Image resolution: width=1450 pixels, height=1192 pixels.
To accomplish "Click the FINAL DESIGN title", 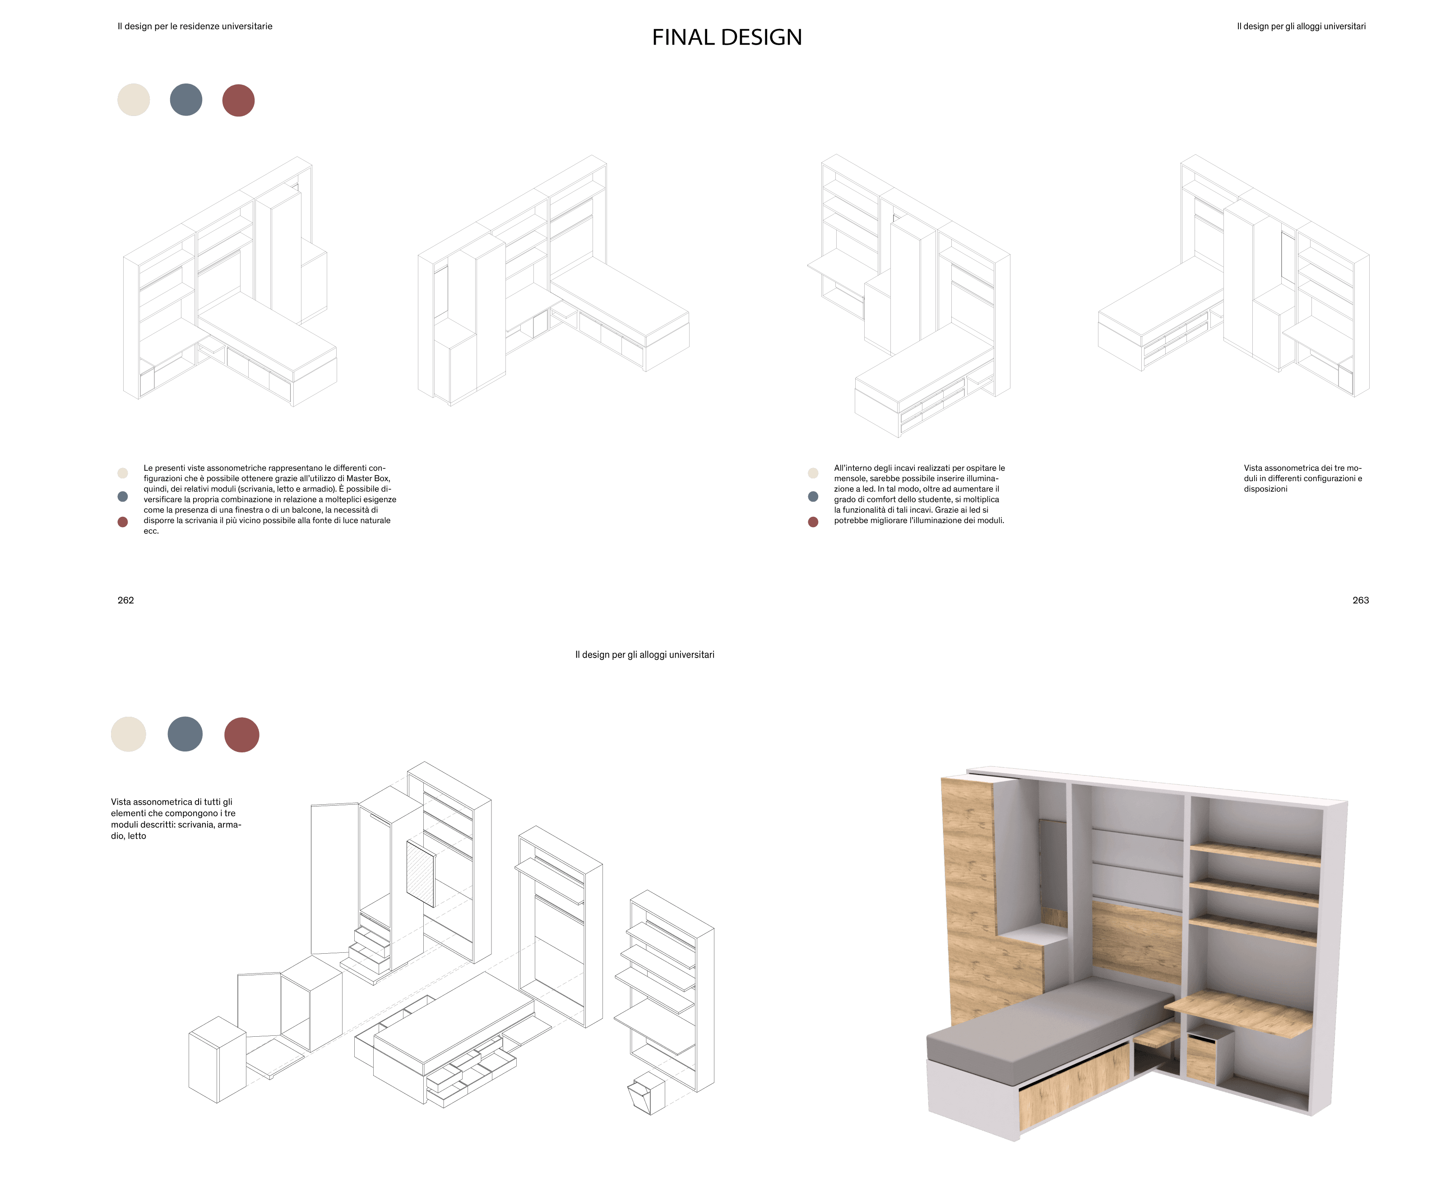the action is click(727, 37).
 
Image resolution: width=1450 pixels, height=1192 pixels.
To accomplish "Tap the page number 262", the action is click(125, 600).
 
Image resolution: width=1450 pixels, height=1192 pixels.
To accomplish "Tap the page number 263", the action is click(1360, 600).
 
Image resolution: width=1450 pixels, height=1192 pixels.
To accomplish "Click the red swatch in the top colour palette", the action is click(238, 100).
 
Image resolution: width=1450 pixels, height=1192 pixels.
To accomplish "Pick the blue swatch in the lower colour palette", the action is click(185, 734).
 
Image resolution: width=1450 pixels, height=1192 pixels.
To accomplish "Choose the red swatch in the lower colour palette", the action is click(242, 735).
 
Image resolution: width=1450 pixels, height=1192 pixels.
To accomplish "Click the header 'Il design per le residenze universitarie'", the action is click(195, 26).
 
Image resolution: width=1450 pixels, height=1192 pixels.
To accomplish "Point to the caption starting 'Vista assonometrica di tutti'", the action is click(176, 818).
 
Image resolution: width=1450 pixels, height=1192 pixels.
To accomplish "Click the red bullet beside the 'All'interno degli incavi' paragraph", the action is click(813, 522).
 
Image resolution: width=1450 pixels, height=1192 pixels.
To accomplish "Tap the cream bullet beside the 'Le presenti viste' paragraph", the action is click(123, 473).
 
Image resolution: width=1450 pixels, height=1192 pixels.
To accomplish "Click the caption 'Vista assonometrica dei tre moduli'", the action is click(1302, 478).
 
